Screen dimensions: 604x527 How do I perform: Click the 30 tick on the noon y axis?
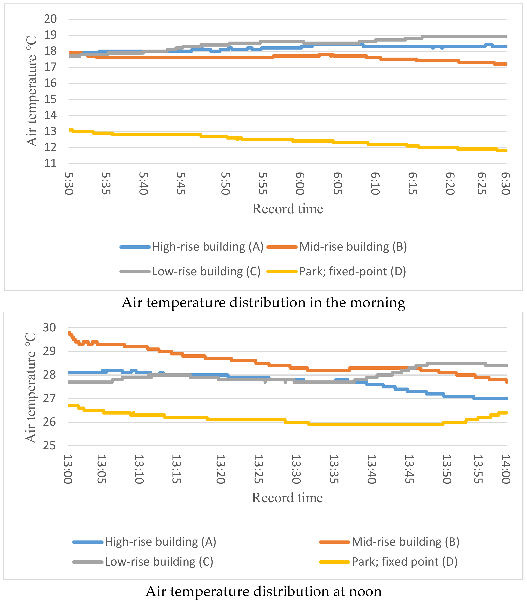click(x=49, y=327)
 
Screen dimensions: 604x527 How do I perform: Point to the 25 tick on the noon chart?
click(x=49, y=446)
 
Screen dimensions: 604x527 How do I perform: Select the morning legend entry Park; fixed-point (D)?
click(x=352, y=271)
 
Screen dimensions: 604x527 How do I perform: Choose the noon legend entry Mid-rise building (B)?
click(x=405, y=542)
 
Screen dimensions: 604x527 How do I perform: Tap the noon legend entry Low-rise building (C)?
click(x=159, y=562)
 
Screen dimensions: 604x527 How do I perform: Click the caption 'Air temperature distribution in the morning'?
click(x=263, y=302)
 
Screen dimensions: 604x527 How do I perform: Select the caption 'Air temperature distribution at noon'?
click(x=263, y=591)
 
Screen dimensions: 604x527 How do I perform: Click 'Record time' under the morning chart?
click(x=288, y=209)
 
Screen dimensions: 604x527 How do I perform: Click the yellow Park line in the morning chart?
click(x=265, y=139)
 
